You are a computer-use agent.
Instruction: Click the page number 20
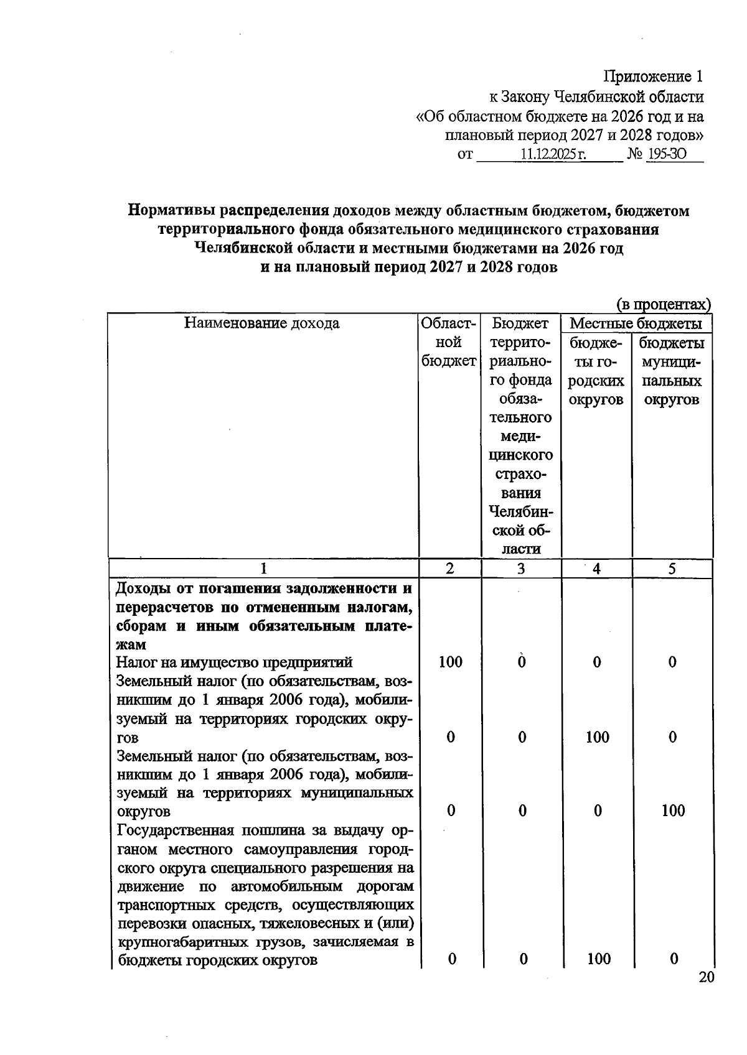tap(706, 977)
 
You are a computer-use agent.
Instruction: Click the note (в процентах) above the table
tap(664, 305)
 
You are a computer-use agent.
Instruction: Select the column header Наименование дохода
tap(262, 323)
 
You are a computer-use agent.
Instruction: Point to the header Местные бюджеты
tap(636, 323)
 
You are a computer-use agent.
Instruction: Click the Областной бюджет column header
tap(449, 342)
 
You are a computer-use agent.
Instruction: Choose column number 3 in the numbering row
tap(521, 569)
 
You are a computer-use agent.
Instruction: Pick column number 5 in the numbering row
tap(672, 569)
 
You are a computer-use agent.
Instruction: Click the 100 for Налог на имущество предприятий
tap(450, 662)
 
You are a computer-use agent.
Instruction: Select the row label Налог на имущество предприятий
tap(235, 662)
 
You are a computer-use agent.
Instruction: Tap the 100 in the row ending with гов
tap(597, 737)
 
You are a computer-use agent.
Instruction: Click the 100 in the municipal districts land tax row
tap(673, 811)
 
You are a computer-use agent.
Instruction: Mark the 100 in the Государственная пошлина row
tap(598, 959)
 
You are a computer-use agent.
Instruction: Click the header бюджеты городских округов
tap(596, 371)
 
